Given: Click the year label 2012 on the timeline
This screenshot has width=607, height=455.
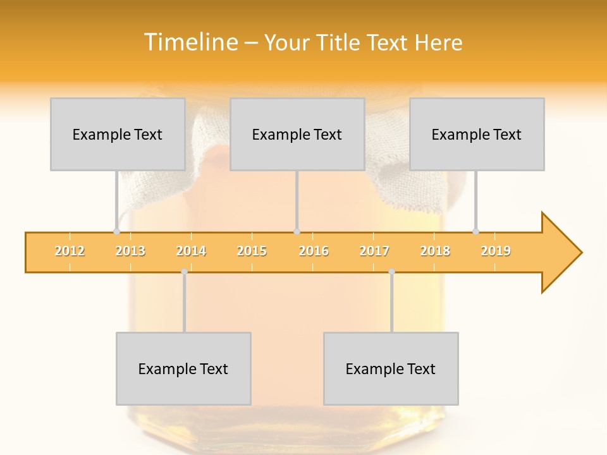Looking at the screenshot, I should (x=70, y=251).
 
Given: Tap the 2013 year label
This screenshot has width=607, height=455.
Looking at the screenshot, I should (x=130, y=251).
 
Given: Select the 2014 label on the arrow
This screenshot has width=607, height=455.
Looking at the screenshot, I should (x=191, y=251).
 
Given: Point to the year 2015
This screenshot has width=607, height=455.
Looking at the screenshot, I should (x=252, y=251).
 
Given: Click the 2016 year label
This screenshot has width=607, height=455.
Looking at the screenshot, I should (x=314, y=251).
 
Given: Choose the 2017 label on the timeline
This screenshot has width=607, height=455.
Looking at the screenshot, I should (x=374, y=251).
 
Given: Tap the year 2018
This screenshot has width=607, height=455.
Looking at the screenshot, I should (x=435, y=251).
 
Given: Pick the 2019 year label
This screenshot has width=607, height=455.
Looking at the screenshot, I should (x=496, y=251).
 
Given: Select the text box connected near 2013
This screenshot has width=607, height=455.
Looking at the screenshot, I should (x=118, y=134).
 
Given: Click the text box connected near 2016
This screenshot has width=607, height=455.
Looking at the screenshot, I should (x=297, y=134).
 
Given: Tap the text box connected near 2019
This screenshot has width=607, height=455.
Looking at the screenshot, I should (x=477, y=134).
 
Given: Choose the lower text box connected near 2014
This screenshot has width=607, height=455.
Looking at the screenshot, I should (x=183, y=368).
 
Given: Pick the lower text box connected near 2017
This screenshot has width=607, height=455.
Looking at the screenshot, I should (x=391, y=368).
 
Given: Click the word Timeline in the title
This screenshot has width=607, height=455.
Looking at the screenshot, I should (x=190, y=42).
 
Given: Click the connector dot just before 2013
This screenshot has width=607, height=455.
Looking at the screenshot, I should (x=116, y=231).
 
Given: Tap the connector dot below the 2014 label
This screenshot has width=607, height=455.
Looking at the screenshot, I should (x=184, y=272).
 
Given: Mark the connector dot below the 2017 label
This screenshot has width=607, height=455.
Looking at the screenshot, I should (x=391, y=272).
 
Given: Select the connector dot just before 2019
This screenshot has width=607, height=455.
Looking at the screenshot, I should (x=475, y=231).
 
